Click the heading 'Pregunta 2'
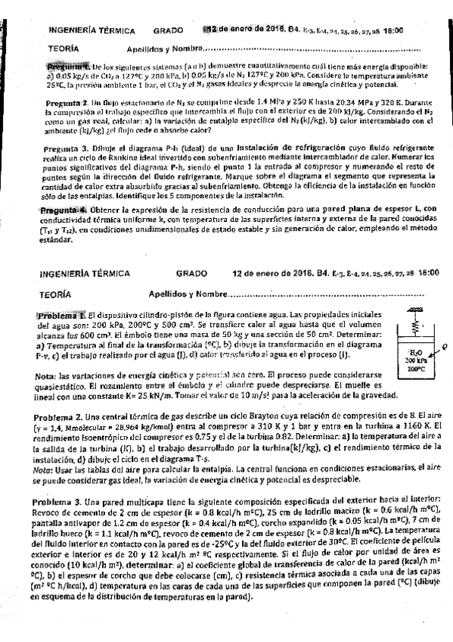coord(67,100)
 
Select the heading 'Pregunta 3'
coord(67,148)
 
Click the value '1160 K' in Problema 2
coord(406,425)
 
